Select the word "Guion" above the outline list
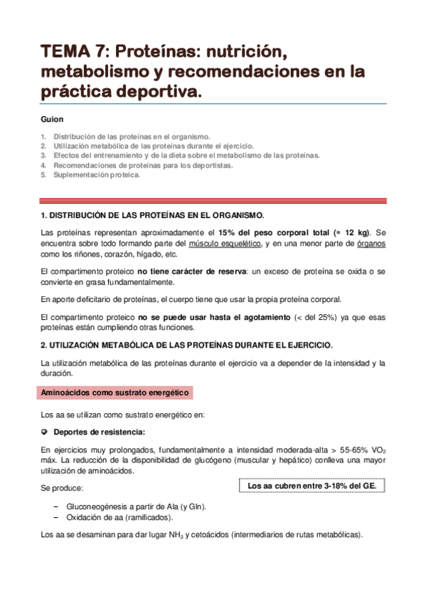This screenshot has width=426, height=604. click(53, 120)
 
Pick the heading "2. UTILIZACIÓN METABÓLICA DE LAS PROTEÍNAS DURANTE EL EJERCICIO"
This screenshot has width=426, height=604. click(186, 345)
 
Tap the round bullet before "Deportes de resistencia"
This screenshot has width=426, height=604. click(44, 432)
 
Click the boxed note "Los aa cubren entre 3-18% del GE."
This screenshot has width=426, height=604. click(311, 486)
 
